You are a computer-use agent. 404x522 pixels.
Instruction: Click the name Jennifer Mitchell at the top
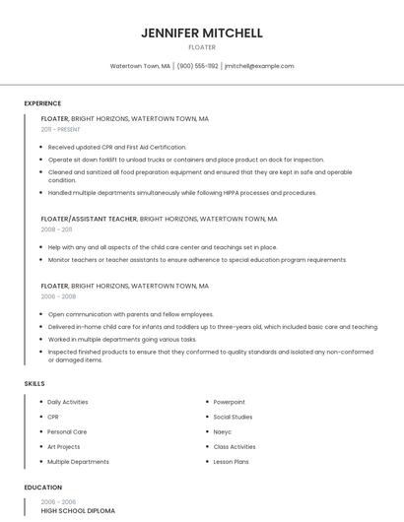point(201,33)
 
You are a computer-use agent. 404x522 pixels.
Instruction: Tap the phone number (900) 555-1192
point(197,66)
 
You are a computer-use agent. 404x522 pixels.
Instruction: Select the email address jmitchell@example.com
point(259,66)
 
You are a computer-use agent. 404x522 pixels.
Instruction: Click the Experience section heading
point(42,103)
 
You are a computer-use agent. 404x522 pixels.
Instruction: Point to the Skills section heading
point(34,382)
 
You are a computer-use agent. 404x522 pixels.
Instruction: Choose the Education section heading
point(42,487)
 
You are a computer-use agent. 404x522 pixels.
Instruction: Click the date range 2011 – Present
point(60,129)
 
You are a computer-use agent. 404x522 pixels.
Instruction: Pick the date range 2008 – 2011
point(56,228)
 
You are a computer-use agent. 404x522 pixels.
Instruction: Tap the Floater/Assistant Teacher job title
point(89,219)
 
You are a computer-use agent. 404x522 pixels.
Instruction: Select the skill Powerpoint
point(230,402)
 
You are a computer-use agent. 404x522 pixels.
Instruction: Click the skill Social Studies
point(233,417)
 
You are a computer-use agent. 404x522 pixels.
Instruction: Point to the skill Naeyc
point(224,431)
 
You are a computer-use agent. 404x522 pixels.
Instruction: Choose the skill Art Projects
point(64,446)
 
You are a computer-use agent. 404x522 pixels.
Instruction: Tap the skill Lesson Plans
point(231,461)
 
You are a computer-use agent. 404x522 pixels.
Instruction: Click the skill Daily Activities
point(68,402)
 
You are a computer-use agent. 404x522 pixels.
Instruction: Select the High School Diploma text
point(78,511)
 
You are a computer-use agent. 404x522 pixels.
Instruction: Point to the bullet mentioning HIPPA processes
point(182,193)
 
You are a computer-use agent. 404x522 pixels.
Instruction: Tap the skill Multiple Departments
point(78,461)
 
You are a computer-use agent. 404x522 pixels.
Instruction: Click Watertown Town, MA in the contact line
point(140,66)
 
